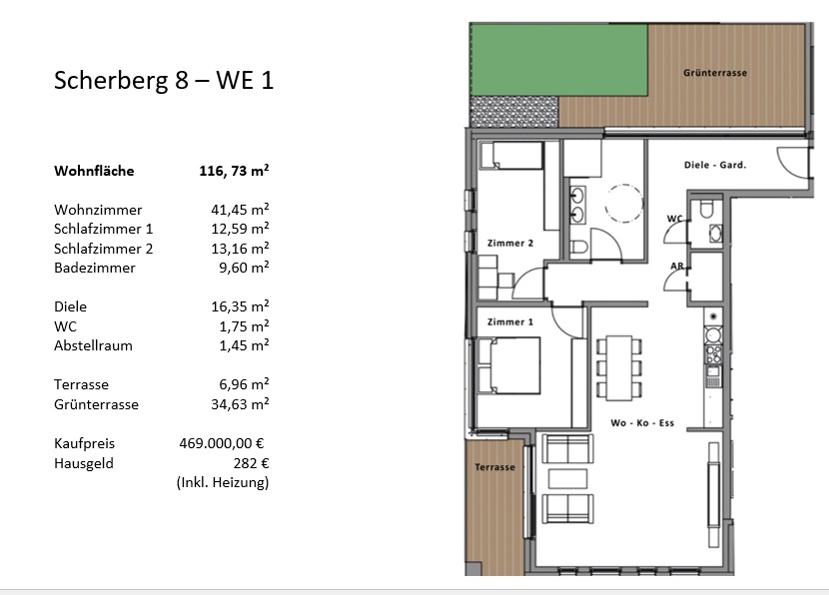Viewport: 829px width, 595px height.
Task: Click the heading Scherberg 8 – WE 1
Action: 164,80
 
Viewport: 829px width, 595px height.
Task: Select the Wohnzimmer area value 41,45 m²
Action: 240,210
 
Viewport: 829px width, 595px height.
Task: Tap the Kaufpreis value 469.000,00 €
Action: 222,443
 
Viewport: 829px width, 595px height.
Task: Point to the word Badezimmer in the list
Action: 95,268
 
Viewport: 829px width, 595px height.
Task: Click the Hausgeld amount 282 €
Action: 251,463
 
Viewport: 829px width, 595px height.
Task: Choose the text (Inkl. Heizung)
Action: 223,482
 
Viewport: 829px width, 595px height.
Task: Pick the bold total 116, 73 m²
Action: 234,171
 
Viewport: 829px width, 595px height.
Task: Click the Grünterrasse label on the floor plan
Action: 715,73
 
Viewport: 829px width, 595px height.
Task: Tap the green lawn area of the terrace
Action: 559,60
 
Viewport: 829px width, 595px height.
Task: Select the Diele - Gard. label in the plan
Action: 715,165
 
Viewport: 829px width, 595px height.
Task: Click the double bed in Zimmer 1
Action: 509,365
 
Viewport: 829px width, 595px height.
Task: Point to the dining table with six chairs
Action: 619,367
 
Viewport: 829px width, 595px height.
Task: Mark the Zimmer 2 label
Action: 510,243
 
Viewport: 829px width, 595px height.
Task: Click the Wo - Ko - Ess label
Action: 642,422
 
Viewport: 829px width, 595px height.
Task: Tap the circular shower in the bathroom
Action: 624,204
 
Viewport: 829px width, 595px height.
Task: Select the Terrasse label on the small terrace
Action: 494,467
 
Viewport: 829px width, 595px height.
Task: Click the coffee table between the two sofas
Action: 568,479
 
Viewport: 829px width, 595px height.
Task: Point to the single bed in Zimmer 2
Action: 511,156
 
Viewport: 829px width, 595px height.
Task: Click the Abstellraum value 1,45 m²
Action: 245,345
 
